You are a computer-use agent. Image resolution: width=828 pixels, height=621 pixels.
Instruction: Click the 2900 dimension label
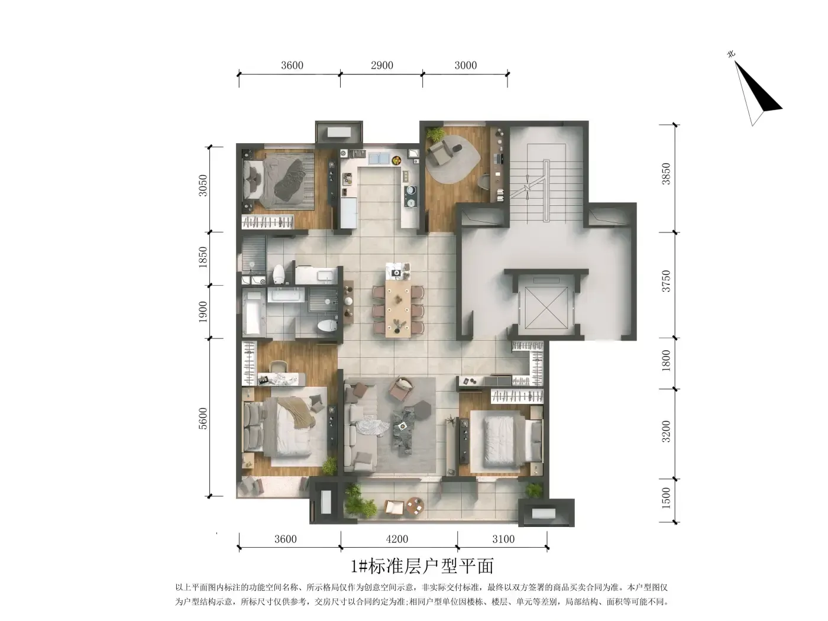coord(381,65)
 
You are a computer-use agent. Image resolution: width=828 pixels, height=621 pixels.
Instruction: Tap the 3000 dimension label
coord(465,65)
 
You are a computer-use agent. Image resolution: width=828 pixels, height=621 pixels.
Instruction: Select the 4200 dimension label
coord(397,539)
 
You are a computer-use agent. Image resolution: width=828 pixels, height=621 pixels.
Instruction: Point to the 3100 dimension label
coord(503,539)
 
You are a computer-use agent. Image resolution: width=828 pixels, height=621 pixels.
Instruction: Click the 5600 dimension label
coord(203,418)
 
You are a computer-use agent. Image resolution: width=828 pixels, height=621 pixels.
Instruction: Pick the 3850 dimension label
coord(666,174)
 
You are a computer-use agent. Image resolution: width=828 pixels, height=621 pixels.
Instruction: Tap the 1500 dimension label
coord(666,498)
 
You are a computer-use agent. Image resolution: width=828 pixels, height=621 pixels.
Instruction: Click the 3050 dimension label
coord(203,186)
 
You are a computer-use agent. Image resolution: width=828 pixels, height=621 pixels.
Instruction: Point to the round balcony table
coord(415,506)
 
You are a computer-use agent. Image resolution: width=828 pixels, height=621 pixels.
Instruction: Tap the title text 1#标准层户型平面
coord(422,566)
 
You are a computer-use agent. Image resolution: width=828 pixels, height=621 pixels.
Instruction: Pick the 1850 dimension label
coord(203,257)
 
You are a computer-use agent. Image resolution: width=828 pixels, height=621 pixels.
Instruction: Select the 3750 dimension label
coord(666,281)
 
